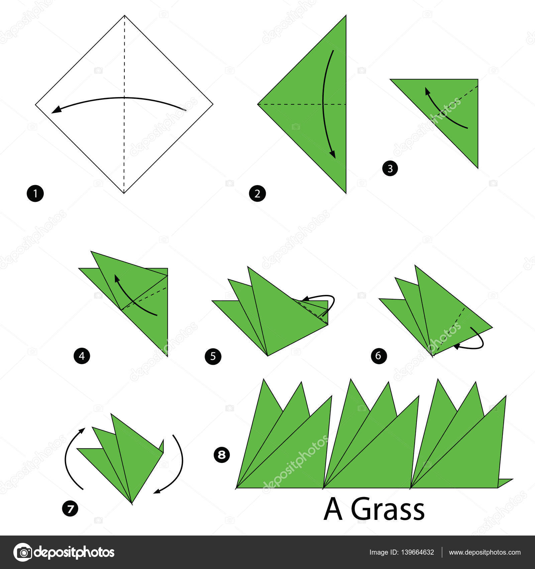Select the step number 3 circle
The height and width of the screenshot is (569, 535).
click(x=390, y=168)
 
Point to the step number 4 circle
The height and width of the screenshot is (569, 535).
click(x=82, y=356)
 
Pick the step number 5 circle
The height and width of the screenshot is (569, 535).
click(x=213, y=356)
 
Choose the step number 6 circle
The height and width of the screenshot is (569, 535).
click(x=379, y=355)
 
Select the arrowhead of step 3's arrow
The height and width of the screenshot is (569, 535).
click(x=427, y=91)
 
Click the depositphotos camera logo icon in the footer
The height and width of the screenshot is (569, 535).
click(x=23, y=552)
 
